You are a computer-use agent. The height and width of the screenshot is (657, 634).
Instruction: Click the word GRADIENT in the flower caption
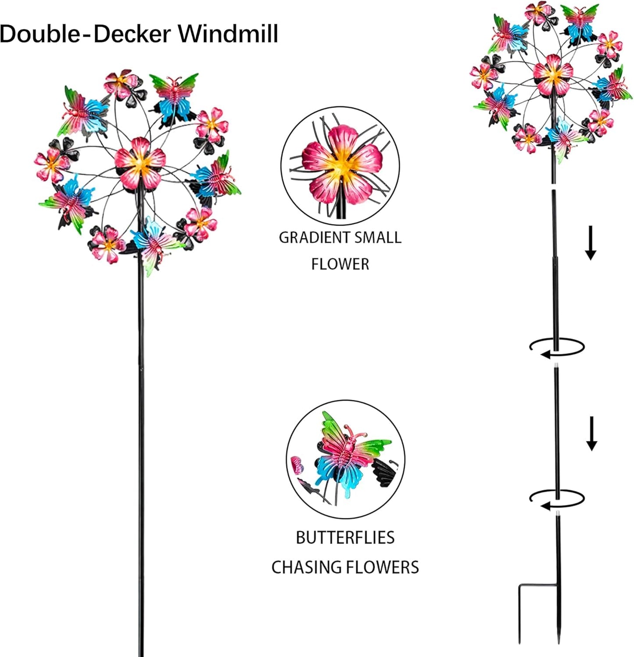tap(314, 237)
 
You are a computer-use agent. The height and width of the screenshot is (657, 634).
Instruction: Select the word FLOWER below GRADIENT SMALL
tap(340, 264)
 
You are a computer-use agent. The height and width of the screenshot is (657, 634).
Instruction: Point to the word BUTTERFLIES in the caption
tap(345, 538)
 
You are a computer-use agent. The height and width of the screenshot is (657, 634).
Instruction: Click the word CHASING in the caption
tap(307, 567)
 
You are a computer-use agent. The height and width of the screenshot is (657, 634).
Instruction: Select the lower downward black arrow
tap(591, 433)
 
